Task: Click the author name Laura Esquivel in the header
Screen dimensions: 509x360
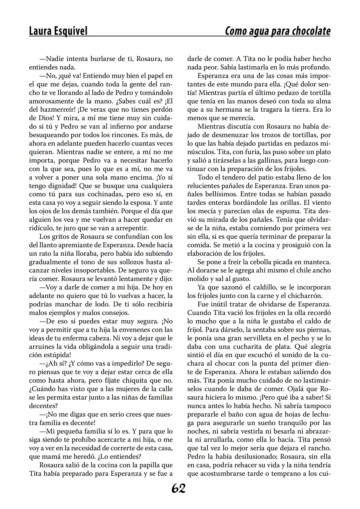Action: point(58,31)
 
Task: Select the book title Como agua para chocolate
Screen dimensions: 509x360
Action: point(278,31)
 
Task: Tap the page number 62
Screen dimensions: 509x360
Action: point(179,488)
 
